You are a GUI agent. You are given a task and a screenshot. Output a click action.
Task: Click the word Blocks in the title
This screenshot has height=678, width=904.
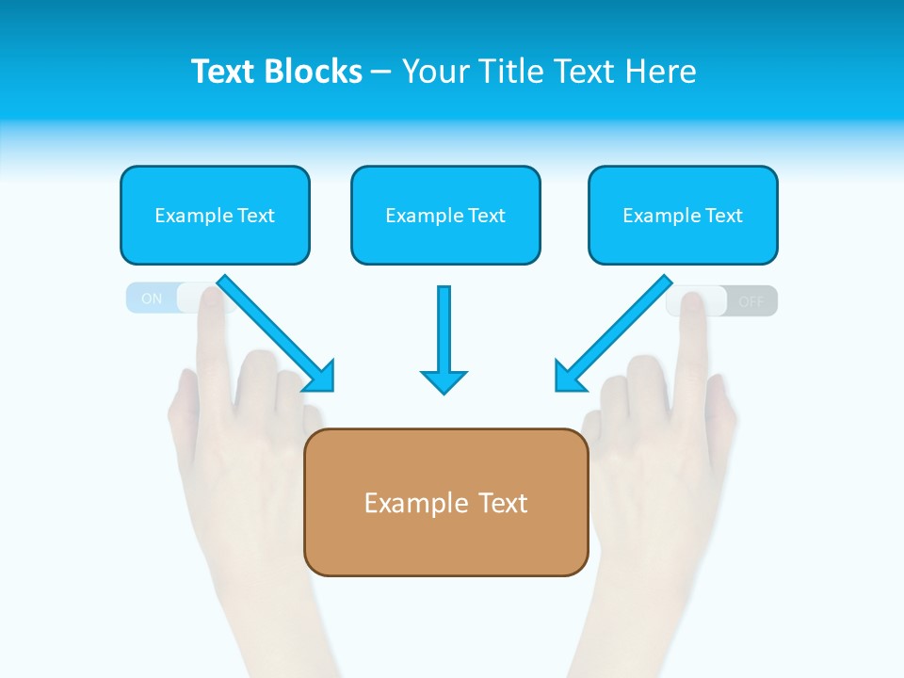315,72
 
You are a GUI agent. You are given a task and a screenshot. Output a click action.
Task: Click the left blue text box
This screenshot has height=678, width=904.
215,215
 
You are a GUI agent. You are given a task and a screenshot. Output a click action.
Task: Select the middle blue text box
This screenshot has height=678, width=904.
445,215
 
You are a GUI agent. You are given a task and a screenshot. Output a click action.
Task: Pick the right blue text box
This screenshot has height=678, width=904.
683,215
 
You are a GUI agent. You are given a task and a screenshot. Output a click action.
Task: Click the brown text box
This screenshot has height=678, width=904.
445,502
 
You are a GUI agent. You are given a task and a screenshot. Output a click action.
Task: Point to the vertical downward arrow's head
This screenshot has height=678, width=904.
444,380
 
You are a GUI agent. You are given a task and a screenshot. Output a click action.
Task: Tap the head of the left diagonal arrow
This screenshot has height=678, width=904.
319,376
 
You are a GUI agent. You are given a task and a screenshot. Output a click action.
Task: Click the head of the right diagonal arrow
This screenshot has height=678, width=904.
570,376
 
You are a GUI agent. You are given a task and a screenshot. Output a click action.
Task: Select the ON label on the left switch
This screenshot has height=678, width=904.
152,299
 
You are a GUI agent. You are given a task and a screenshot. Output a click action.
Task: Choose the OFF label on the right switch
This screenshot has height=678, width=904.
751,302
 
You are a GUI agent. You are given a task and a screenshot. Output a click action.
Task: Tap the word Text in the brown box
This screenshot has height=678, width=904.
504,503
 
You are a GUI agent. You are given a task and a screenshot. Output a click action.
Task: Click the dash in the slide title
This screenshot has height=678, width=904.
382,73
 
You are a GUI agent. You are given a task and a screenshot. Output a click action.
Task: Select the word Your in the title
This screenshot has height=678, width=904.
436,72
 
